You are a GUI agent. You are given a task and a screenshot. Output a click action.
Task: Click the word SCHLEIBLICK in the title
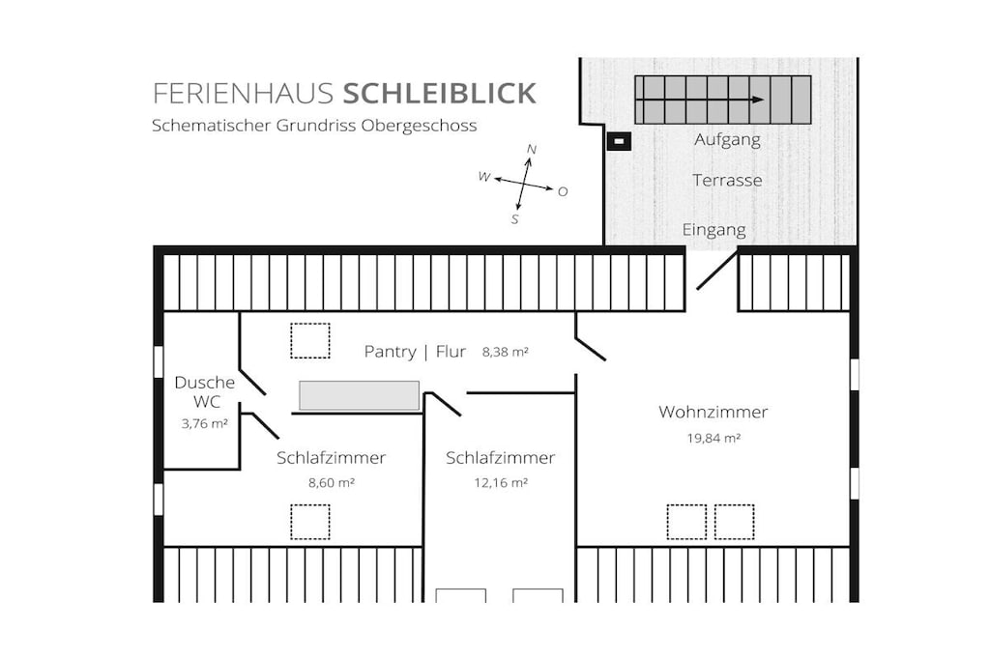coord(440,93)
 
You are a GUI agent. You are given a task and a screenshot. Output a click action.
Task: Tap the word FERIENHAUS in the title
coord(243,93)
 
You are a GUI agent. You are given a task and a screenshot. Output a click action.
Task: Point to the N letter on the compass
coord(532,150)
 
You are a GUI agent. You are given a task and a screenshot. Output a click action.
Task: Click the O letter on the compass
coord(563,192)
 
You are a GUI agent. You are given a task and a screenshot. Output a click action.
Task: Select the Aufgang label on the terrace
coord(727,140)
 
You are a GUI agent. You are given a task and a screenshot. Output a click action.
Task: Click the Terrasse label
coord(727,181)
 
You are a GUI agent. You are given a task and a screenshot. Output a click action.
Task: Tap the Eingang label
coord(714,230)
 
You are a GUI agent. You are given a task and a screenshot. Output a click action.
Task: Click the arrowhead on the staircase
coord(758,100)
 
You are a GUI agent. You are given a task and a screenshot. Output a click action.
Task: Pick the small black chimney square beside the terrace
coord(619,141)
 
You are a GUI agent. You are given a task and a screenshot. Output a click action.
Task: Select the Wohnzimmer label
coord(713,412)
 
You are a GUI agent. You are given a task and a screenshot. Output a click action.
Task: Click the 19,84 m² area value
coord(713,438)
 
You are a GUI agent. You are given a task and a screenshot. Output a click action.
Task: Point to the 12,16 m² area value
coord(501,483)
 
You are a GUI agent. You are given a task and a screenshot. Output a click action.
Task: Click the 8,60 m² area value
coord(332,483)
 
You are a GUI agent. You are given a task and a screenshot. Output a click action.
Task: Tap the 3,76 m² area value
coord(205,424)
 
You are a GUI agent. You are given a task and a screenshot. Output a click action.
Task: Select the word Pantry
coord(391,352)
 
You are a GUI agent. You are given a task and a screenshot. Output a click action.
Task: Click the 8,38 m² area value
coord(505,352)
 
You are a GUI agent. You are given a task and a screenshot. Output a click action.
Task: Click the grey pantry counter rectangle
coord(360,395)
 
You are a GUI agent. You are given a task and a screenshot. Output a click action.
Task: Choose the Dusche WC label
coord(205,391)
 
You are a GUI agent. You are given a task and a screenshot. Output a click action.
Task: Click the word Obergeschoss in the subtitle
coord(419,126)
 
